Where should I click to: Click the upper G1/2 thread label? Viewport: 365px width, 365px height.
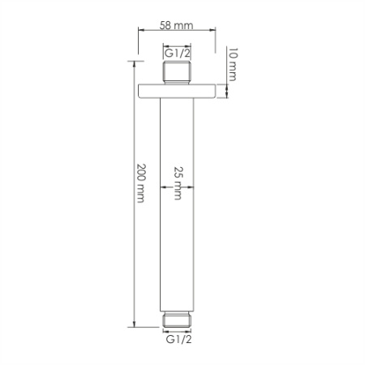178,53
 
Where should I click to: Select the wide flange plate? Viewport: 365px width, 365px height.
178,89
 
